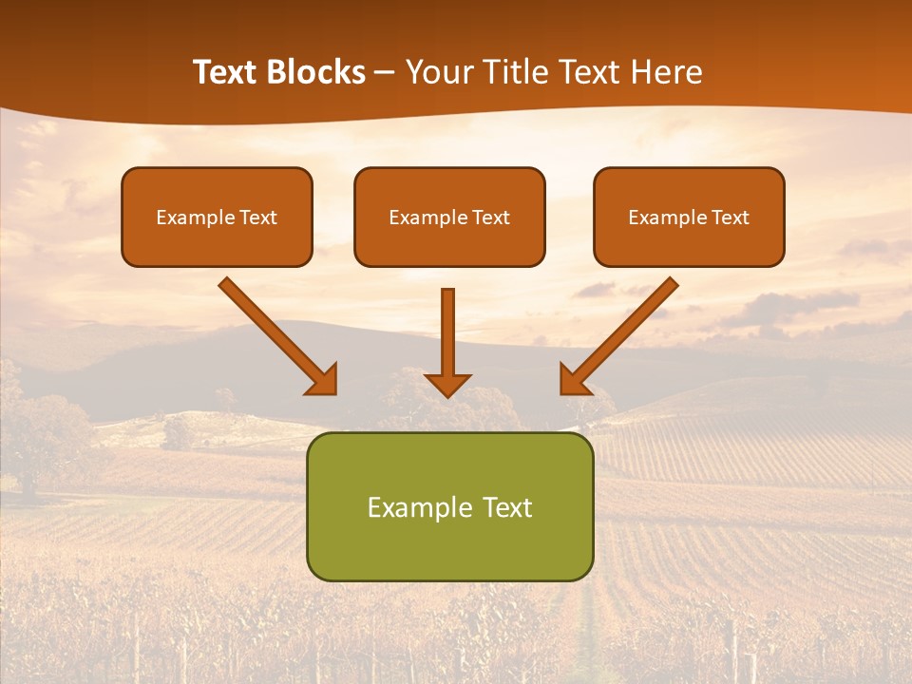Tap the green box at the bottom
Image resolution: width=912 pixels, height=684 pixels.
(449, 541)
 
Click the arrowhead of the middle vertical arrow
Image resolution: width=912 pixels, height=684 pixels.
(448, 384)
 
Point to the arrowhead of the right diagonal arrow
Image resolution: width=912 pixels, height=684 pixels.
(574, 380)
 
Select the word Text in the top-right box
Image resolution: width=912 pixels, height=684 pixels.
(730, 218)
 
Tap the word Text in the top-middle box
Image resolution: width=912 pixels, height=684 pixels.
(490, 218)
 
